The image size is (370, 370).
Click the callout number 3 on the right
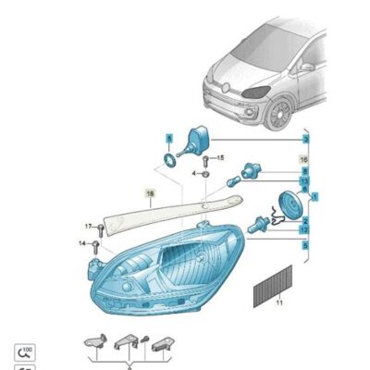pyautogui.click(x=304, y=138)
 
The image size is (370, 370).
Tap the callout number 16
pyautogui.click(x=304, y=160)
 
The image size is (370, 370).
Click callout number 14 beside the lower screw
pyautogui.click(x=82, y=242)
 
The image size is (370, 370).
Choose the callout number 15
pyautogui.click(x=220, y=159)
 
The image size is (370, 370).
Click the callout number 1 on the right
pyautogui.click(x=314, y=197)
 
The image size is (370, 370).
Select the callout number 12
pyautogui.click(x=304, y=227)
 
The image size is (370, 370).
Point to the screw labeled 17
pyautogui.click(x=102, y=228)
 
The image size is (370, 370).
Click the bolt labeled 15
pyautogui.click(x=206, y=161)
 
